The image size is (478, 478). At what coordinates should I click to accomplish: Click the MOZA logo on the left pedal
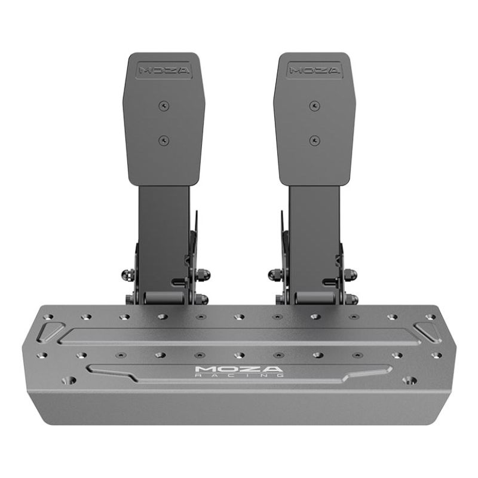164,71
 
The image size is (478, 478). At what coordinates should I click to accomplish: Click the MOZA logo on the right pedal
314,71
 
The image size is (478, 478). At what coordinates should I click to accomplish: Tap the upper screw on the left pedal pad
164,106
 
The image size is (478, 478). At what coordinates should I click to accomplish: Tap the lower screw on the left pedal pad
164,141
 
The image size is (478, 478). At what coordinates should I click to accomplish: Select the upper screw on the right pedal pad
314,106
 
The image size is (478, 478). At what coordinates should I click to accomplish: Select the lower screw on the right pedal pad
314,141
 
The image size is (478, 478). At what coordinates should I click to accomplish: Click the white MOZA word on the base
239,369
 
